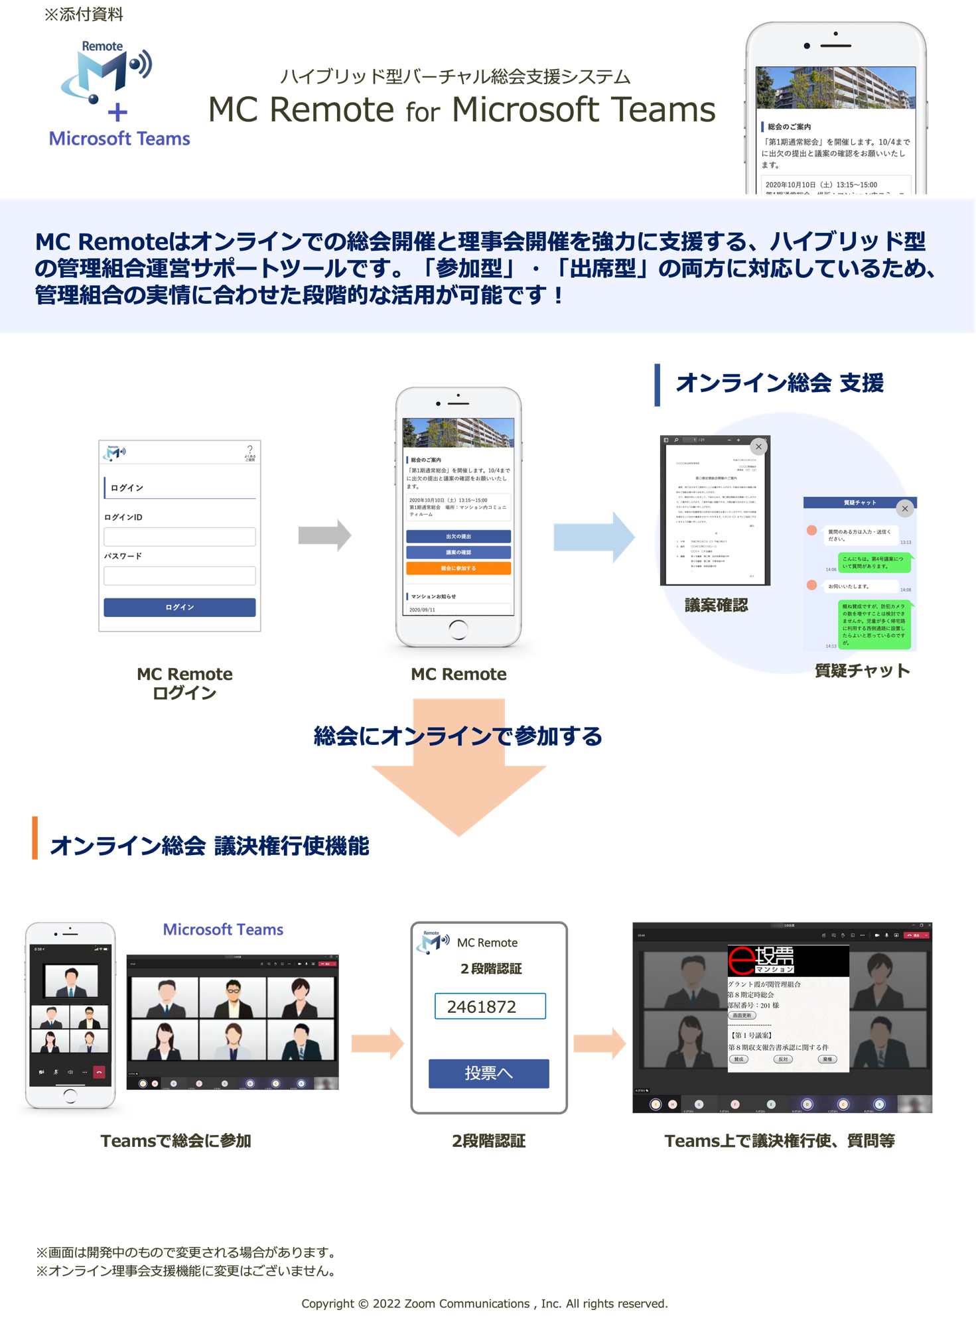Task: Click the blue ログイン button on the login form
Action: pos(179,607)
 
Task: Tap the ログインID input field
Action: pos(179,537)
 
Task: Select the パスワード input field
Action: pos(179,575)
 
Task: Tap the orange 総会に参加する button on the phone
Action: pos(458,568)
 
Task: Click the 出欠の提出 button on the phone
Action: pos(458,536)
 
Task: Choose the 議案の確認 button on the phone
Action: pos(458,552)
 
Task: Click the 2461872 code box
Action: pos(490,1006)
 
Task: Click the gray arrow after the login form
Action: pos(324,535)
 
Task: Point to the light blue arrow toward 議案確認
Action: pos(593,537)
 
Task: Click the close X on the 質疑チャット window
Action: pos(904,509)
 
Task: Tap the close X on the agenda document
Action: pos(758,446)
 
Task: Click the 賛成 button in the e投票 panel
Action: pos(738,1059)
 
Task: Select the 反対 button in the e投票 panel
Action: pos(783,1059)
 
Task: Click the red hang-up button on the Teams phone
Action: pos(100,1072)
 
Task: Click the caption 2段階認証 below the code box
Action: pos(488,1141)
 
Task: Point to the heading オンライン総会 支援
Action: pos(779,383)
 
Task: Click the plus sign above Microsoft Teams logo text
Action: pos(117,113)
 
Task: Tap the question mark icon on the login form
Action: pos(249,450)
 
